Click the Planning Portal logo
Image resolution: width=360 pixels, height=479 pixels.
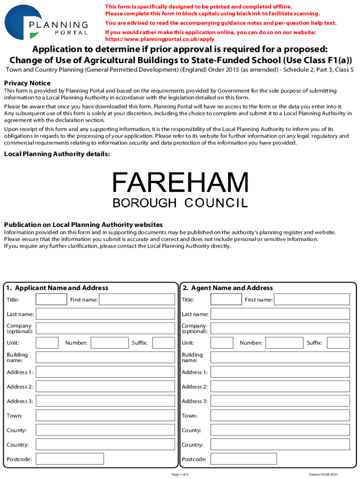click(46, 22)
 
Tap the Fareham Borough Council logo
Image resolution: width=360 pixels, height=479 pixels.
click(180, 189)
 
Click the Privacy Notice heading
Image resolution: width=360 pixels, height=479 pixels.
click(27, 83)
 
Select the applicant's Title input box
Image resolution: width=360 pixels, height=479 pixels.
click(51, 299)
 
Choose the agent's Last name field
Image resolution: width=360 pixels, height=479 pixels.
click(280, 314)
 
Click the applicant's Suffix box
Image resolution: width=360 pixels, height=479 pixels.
click(164, 343)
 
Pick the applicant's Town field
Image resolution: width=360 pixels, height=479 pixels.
click(105, 415)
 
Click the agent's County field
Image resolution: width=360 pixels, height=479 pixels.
click(280, 430)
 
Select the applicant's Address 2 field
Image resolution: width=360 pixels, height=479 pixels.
click(105, 386)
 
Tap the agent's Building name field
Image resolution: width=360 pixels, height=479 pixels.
click(280, 357)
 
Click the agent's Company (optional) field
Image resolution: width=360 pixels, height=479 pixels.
click(280, 328)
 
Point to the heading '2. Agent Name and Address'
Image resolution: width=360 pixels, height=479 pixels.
click(228, 288)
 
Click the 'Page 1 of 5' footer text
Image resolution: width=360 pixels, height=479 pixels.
click(180, 474)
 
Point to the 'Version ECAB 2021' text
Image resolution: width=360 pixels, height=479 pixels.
click(323, 474)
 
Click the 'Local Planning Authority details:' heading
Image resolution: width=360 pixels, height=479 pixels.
click(57, 154)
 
